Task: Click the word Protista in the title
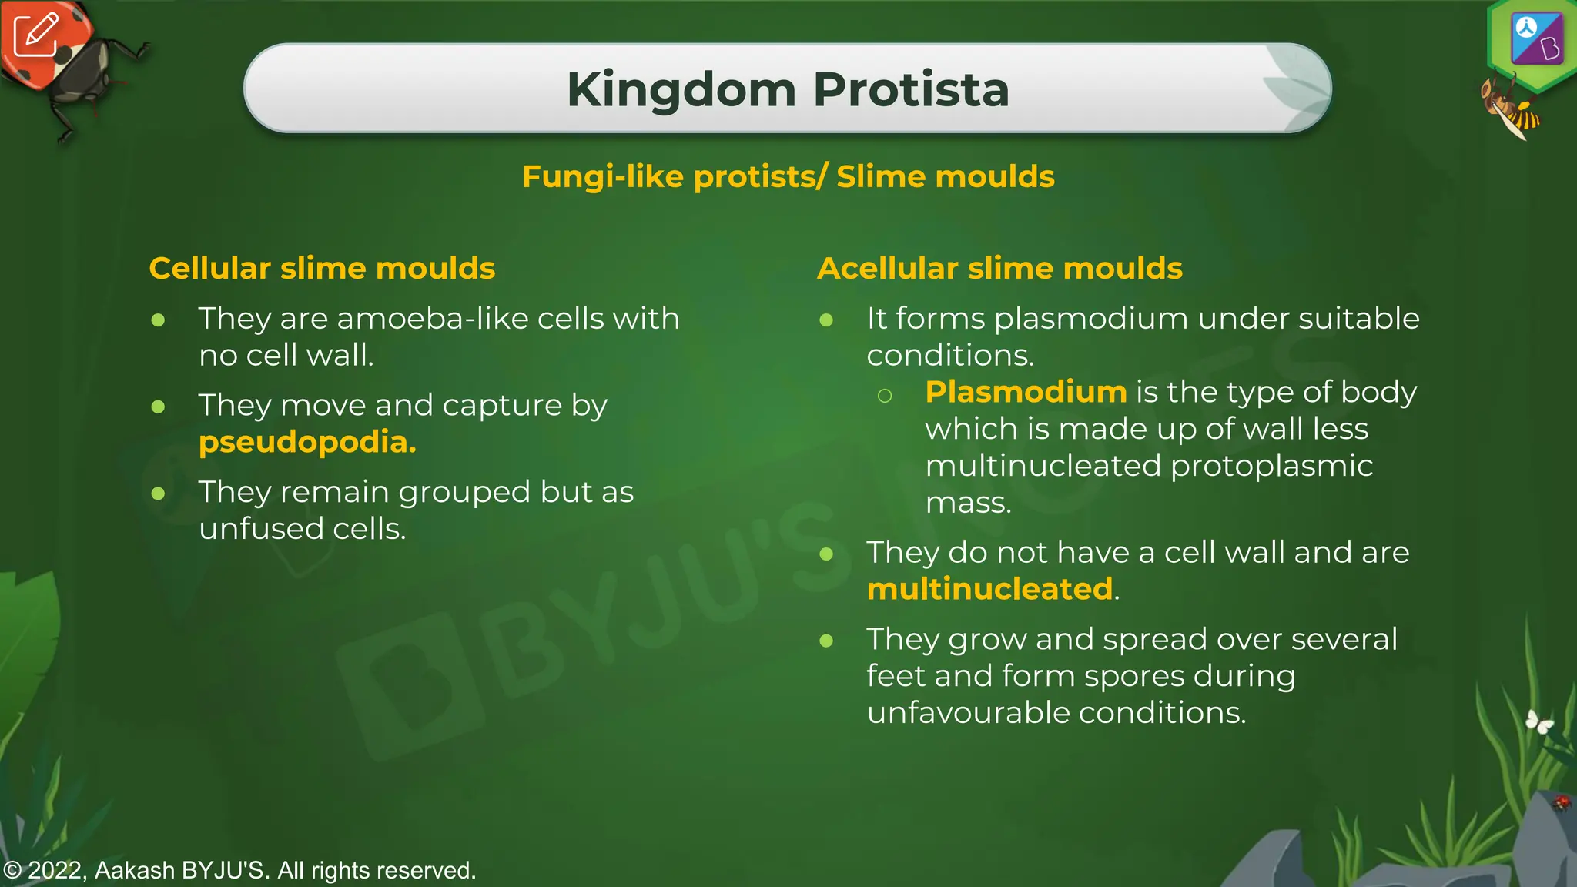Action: coord(910,89)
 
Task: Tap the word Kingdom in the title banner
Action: coord(681,89)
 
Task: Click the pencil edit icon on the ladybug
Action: coord(35,35)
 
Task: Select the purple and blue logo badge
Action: coord(1536,38)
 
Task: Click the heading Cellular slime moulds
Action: coord(322,269)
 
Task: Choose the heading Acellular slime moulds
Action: coord(999,269)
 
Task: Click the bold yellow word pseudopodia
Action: coord(307,442)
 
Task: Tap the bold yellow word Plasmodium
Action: coord(1026,392)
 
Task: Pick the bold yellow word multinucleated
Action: coord(989,589)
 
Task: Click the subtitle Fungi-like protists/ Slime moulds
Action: coord(788,176)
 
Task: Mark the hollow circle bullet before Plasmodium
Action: coord(885,396)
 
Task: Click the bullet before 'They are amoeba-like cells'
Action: coord(159,320)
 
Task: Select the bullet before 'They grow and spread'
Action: coord(827,641)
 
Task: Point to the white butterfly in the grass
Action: coord(1539,721)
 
